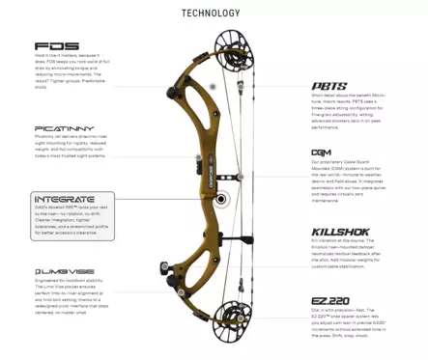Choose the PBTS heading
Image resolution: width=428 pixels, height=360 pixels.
(328, 86)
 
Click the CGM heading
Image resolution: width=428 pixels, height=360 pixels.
(322, 153)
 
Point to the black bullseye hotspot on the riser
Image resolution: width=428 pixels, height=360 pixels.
(223, 201)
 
